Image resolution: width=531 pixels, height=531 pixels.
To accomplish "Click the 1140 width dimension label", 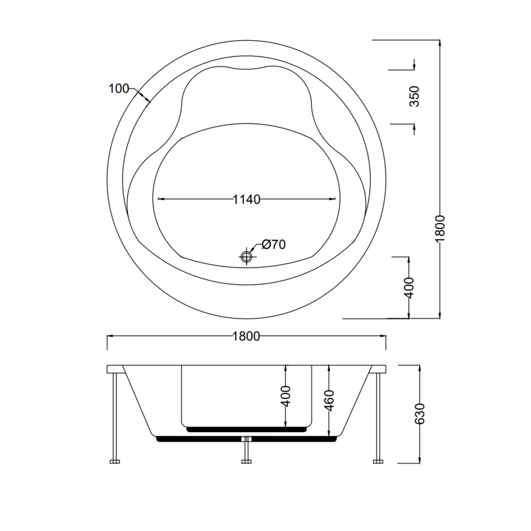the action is pyautogui.click(x=246, y=200).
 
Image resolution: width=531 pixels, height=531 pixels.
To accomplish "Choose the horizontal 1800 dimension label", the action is pyautogui.click(x=246, y=336).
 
